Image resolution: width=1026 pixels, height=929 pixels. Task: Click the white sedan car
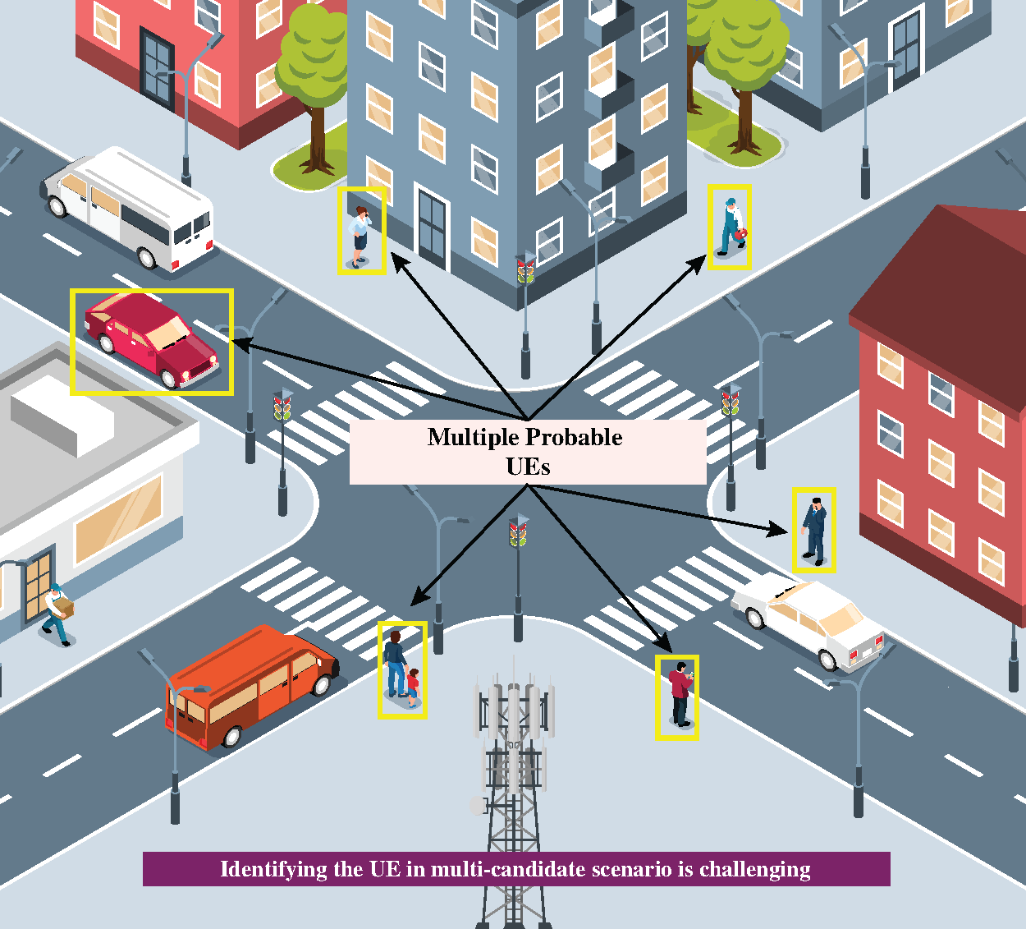(x=808, y=620)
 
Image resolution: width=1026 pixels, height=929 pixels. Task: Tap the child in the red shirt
(x=412, y=687)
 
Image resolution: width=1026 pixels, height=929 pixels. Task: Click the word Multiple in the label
(x=474, y=437)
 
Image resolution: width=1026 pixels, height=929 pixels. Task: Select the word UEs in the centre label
(x=528, y=467)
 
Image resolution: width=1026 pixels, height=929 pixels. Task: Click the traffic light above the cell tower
(x=518, y=532)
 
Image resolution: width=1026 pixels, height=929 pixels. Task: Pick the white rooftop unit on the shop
(x=62, y=416)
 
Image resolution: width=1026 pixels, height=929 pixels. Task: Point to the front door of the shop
(x=37, y=587)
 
